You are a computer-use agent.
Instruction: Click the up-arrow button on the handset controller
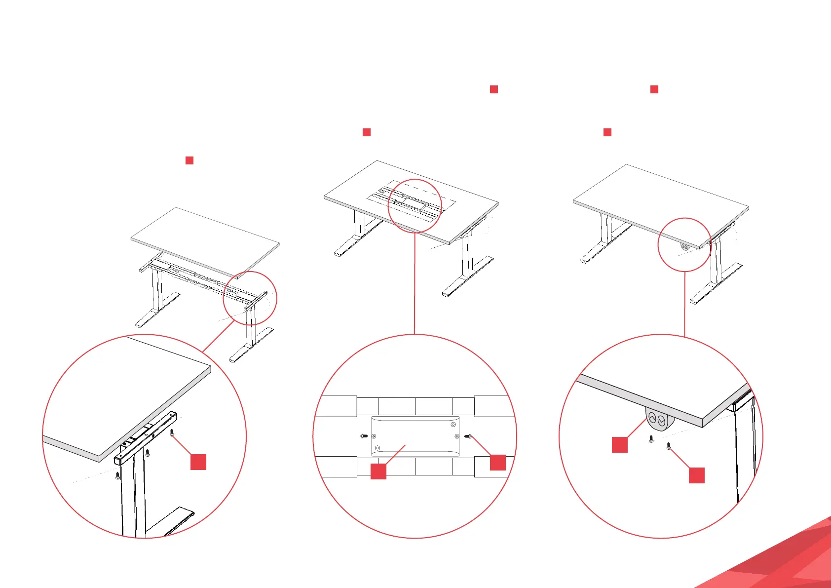tap(652, 419)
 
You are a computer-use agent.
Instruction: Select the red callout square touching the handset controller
tap(620, 444)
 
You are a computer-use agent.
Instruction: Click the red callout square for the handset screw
tap(696, 475)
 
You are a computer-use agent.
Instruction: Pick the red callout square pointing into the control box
tap(378, 471)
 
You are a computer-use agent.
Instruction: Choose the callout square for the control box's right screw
tap(497, 462)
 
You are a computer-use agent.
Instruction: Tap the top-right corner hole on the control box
tap(453, 425)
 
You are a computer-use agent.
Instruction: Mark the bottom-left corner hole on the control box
tap(378, 448)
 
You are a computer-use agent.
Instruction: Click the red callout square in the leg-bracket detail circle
tap(198, 462)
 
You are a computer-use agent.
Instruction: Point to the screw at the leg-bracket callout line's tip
tap(172, 433)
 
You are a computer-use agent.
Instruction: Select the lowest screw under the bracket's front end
tap(117, 475)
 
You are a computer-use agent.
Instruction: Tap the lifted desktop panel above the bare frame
tap(205, 240)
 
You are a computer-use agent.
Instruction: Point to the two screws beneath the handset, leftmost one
tap(651, 438)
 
